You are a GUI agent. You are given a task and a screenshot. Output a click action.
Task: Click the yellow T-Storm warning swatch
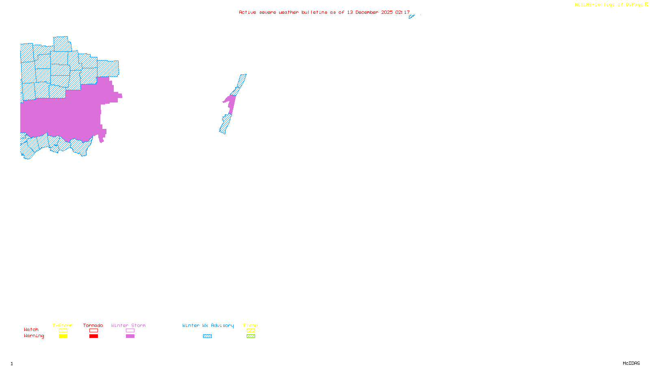(x=63, y=336)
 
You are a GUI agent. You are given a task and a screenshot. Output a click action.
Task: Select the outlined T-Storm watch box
(x=63, y=331)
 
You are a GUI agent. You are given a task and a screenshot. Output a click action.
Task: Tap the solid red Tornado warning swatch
(x=93, y=336)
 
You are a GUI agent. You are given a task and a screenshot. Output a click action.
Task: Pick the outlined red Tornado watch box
(x=93, y=331)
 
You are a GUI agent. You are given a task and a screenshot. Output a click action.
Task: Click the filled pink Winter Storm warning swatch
(x=130, y=336)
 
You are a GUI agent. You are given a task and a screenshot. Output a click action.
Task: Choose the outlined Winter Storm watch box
(x=130, y=331)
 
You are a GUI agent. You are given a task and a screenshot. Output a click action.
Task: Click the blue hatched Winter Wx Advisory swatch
(x=207, y=336)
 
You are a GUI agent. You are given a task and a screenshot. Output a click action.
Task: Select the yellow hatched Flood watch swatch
(x=251, y=331)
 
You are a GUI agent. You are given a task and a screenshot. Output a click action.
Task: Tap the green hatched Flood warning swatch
(x=251, y=336)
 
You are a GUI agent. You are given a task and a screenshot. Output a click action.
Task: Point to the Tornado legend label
(x=93, y=325)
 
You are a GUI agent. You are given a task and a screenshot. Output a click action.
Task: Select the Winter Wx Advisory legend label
(x=208, y=325)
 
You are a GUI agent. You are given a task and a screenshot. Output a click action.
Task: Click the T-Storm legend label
(x=63, y=325)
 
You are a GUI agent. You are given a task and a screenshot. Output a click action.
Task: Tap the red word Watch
(x=31, y=329)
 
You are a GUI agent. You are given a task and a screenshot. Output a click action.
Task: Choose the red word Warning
(x=34, y=336)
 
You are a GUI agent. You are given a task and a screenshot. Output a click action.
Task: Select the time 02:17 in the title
(x=403, y=12)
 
